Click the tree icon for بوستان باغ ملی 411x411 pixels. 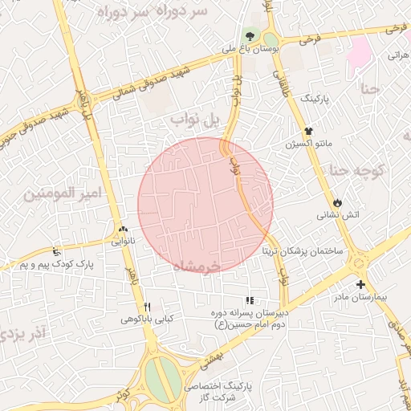click(x=250, y=36)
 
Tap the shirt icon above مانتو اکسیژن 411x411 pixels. click(x=307, y=131)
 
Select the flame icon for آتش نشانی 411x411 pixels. click(x=337, y=202)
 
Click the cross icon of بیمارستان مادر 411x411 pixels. click(x=360, y=284)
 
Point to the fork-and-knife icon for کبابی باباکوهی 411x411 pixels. click(x=147, y=307)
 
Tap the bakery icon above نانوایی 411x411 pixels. click(x=122, y=229)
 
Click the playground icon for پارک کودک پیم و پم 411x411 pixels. click(x=55, y=251)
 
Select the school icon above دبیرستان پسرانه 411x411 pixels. click(x=249, y=299)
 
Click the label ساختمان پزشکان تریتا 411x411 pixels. click(x=302, y=250)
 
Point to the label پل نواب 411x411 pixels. click(x=194, y=120)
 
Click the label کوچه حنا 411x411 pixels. click(x=358, y=170)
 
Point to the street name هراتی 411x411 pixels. click(x=399, y=55)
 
